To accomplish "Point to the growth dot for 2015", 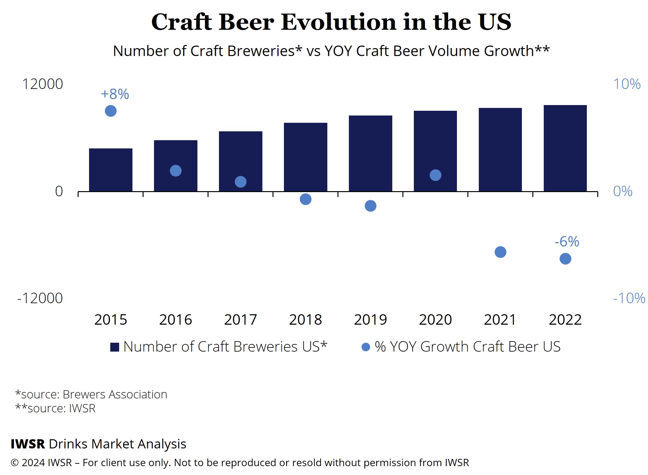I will [x=111, y=111].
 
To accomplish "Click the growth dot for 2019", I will [x=370, y=206].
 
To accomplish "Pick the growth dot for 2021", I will [x=500, y=252].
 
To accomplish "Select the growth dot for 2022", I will [x=565, y=259].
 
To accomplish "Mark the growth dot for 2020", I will [x=435, y=175].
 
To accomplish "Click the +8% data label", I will [x=115, y=94].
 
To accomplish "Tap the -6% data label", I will [x=567, y=242].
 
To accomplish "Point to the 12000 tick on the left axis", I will [x=42, y=84].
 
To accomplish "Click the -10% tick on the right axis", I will [x=629, y=298].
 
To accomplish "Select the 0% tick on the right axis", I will [x=623, y=191].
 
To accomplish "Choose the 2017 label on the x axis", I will [x=241, y=320].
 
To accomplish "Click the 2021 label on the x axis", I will [x=500, y=320].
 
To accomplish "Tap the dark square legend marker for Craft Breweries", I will [x=115, y=347].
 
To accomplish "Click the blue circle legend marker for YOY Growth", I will [x=366, y=347].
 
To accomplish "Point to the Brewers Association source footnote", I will [x=91, y=395].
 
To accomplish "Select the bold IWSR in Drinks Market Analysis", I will [x=28, y=444].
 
